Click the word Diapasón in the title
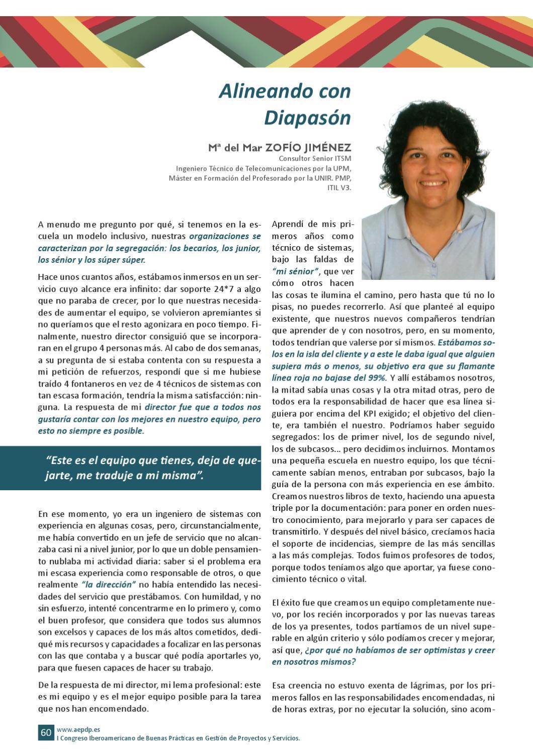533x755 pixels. (307, 118)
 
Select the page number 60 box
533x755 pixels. (46, 732)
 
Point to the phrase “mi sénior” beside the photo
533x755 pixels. (296, 271)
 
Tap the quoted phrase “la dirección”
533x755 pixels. (109, 585)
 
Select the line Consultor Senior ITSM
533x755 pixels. (315, 159)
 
